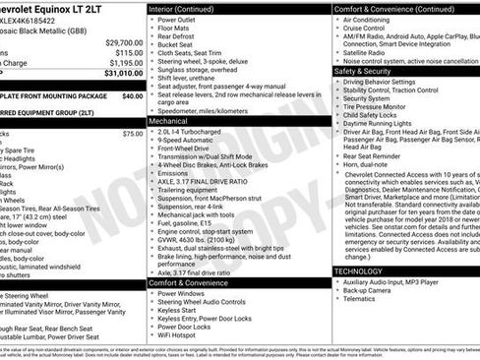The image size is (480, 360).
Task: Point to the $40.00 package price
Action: click(x=133, y=96)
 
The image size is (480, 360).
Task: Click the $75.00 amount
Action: click(x=133, y=133)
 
